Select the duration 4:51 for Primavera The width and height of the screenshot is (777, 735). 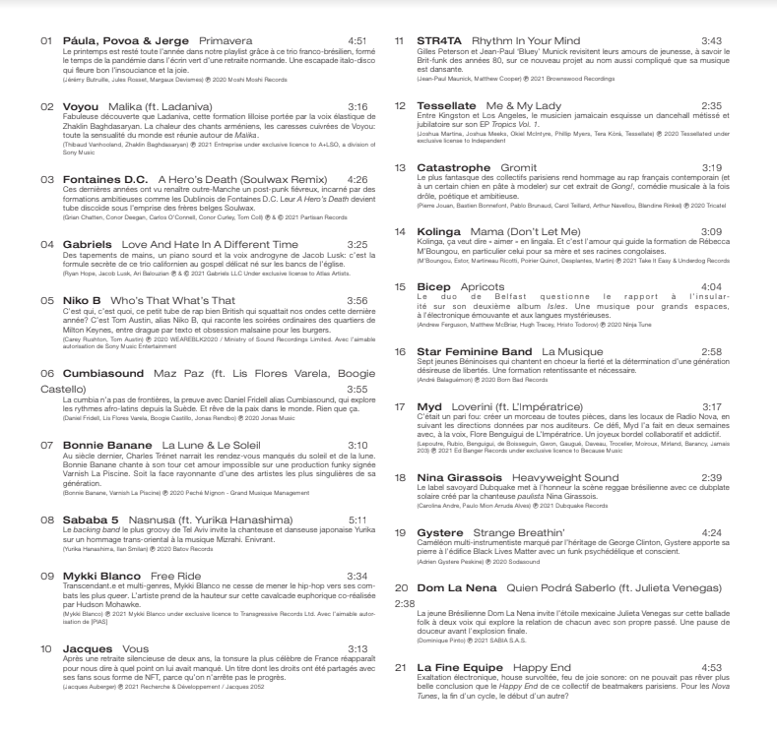click(x=356, y=43)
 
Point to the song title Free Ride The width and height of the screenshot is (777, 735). click(x=175, y=575)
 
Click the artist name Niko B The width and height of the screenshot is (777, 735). click(x=84, y=299)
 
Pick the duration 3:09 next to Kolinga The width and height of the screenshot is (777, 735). click(x=711, y=231)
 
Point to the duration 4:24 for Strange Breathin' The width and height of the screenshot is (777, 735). click(x=711, y=532)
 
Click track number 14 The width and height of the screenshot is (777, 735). click(x=400, y=231)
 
